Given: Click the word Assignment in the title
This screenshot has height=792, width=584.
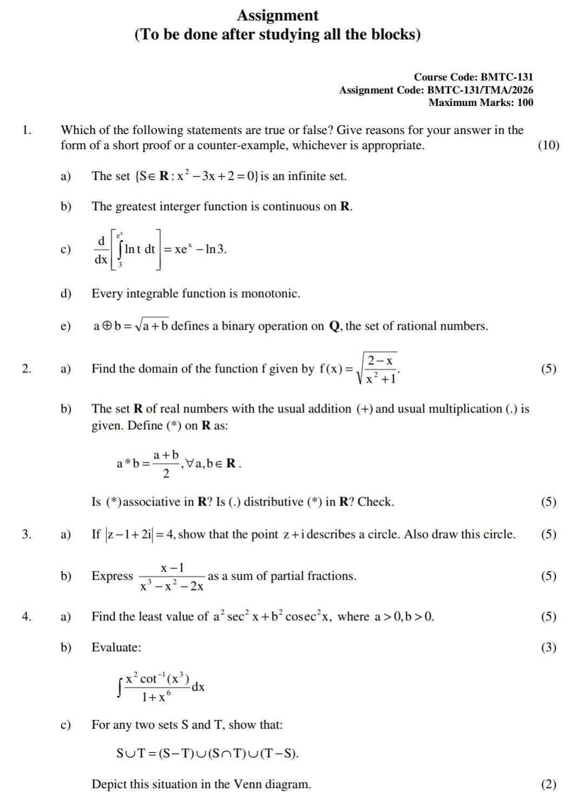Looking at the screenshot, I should [277, 15].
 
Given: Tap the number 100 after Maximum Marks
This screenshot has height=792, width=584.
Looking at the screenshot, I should [525, 102].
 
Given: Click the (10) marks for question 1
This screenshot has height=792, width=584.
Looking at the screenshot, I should [548, 145].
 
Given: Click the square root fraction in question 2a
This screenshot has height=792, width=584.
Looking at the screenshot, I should [379, 369].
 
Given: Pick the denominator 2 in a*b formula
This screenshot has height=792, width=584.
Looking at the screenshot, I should [166, 474].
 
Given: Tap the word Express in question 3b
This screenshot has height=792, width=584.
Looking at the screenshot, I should [112, 576].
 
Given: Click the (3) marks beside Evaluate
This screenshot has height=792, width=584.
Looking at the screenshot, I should [548, 647].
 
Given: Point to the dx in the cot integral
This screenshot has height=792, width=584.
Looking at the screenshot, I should [198, 687].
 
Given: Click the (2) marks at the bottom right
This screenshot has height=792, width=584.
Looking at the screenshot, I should [548, 784].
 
